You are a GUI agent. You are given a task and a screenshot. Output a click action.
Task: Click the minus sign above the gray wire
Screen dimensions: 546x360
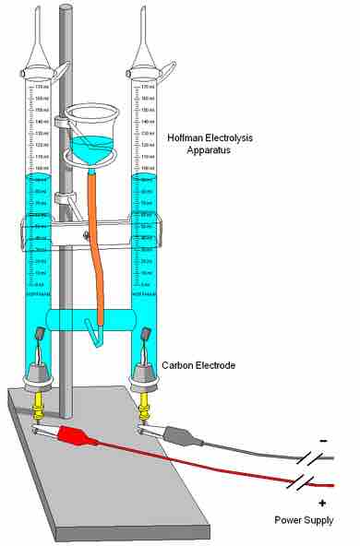[324, 441]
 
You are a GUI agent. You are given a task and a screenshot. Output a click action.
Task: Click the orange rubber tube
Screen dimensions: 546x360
[93, 240]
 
